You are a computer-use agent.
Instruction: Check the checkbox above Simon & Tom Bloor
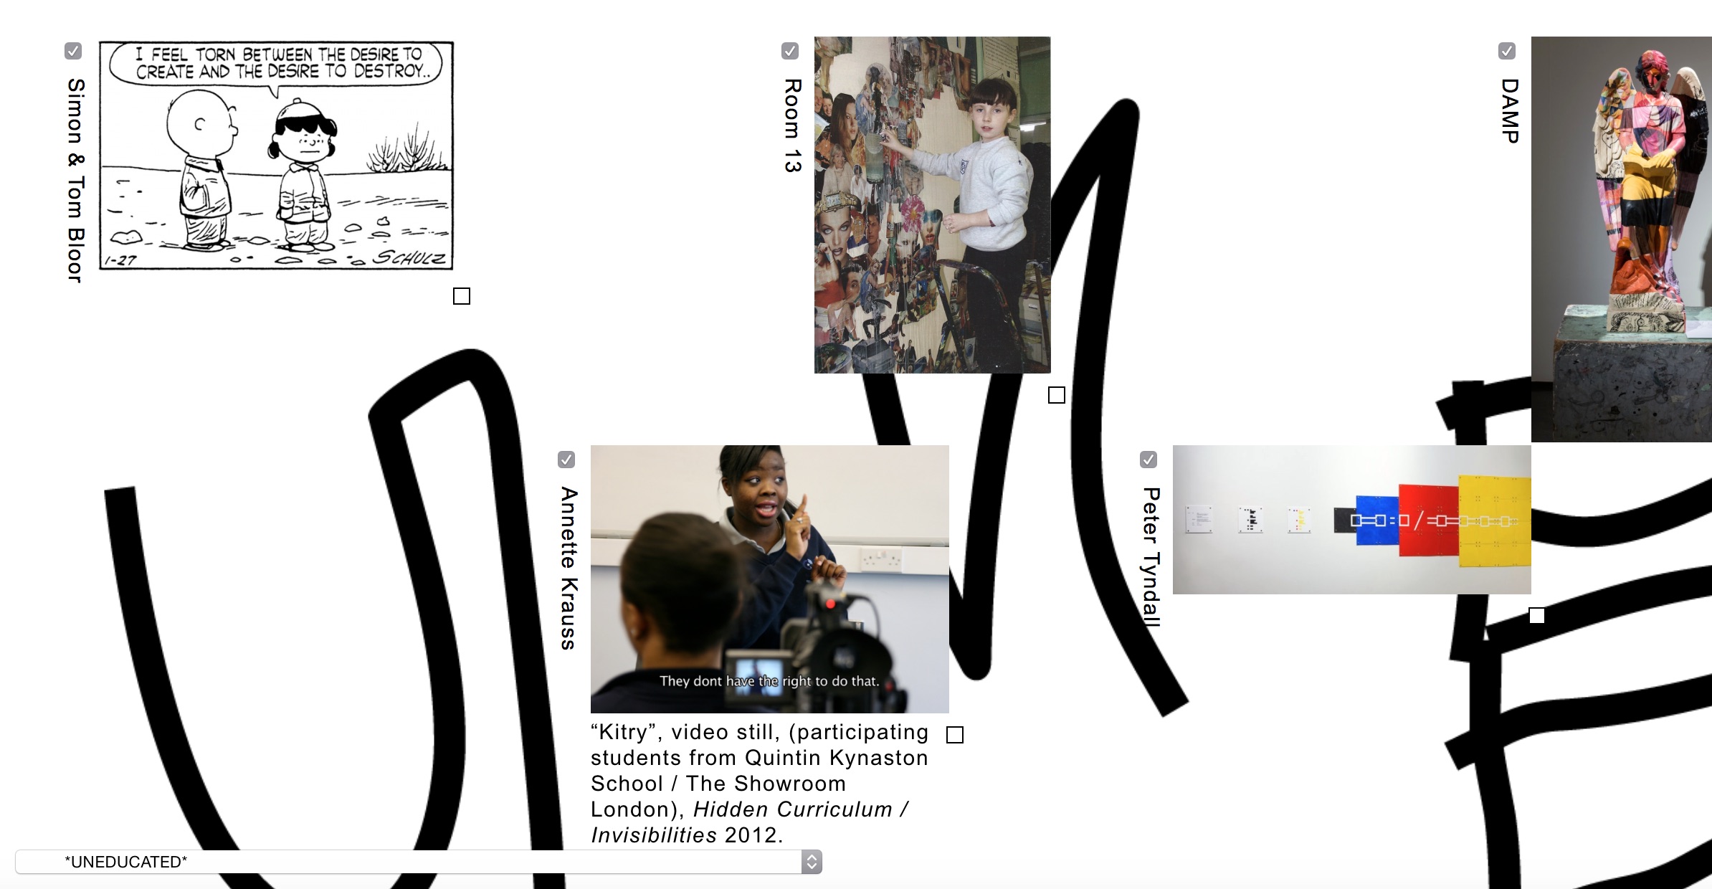pyautogui.click(x=73, y=51)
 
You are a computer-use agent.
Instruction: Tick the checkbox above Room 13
pyautogui.click(x=790, y=51)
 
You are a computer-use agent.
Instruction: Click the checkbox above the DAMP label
pyautogui.click(x=1507, y=51)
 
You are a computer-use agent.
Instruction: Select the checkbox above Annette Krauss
pyautogui.click(x=566, y=460)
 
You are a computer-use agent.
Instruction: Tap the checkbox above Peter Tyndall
pyautogui.click(x=1149, y=460)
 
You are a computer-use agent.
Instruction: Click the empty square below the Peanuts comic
pyautogui.click(x=462, y=296)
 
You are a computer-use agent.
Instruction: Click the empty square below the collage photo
pyautogui.click(x=1057, y=395)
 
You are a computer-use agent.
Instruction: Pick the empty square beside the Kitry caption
pyautogui.click(x=955, y=735)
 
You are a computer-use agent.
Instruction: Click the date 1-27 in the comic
pyautogui.click(x=120, y=260)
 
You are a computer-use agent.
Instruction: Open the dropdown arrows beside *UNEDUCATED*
pyautogui.click(x=812, y=862)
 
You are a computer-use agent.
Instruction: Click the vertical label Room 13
pyautogui.click(x=791, y=125)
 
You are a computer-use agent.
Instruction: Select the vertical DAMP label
pyautogui.click(x=1509, y=111)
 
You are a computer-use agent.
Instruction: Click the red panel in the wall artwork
pyautogui.click(x=1428, y=520)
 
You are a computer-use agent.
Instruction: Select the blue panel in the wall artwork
pyautogui.click(x=1376, y=520)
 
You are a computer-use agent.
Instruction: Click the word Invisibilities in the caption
pyautogui.click(x=654, y=835)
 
